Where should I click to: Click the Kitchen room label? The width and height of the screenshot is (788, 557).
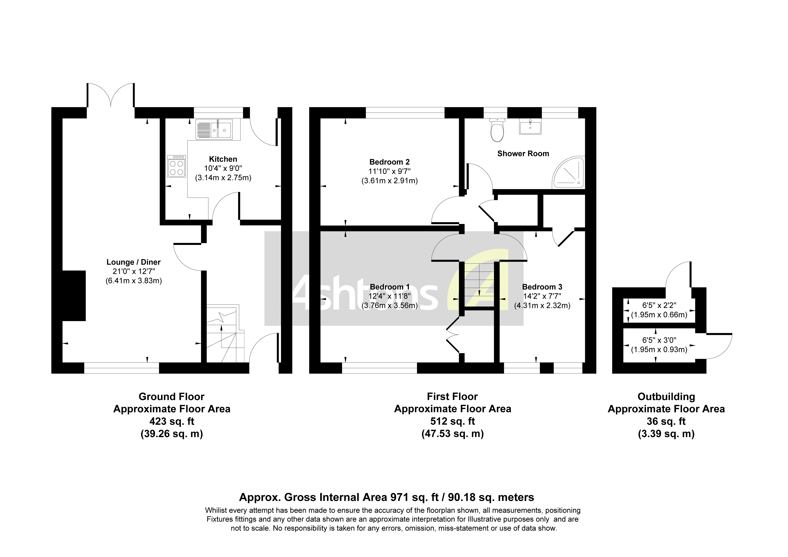[223, 159]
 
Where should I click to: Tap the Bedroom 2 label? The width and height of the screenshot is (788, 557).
[390, 162]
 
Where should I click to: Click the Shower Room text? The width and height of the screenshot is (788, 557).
[523, 154]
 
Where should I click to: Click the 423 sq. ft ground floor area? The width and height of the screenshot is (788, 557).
[172, 421]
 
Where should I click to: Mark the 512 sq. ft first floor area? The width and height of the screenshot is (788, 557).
[452, 421]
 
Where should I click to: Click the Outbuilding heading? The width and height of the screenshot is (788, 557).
[666, 397]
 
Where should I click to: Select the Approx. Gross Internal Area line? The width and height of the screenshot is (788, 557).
[386, 497]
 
